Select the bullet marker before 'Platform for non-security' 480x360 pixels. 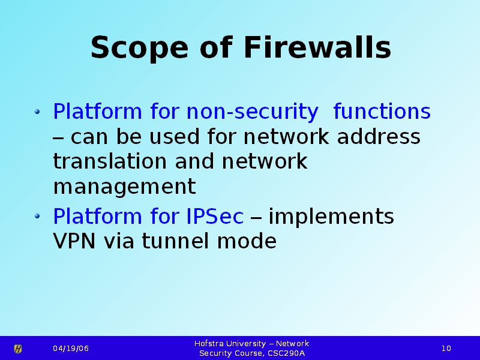click(37, 112)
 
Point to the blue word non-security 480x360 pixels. click(253, 112)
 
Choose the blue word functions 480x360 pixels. click(382, 112)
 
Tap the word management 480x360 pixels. click(124, 188)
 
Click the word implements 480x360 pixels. click(331, 216)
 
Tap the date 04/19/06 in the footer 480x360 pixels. click(70, 349)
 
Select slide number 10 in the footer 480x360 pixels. click(446, 349)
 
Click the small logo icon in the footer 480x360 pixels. click(18, 349)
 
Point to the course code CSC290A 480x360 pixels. click(285, 353)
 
